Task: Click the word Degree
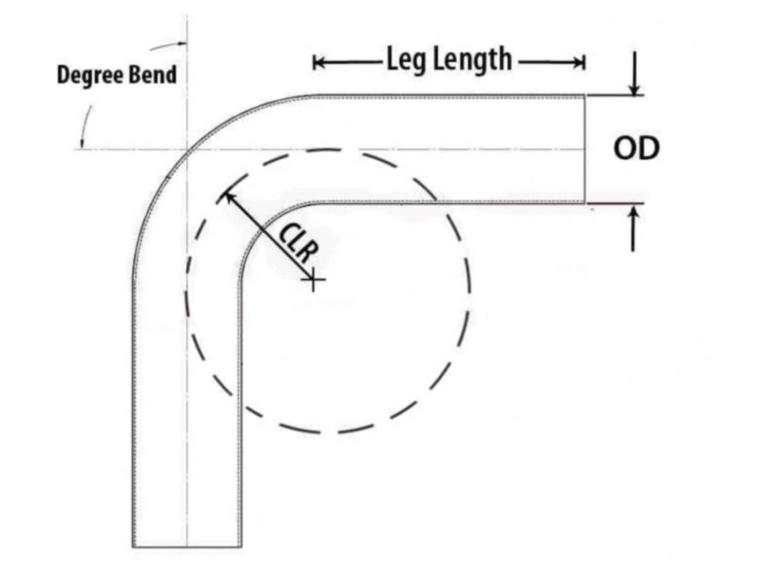click(x=90, y=75)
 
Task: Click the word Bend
click(x=153, y=75)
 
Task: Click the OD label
click(x=636, y=149)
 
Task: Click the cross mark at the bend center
click(x=313, y=279)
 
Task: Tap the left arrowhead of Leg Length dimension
click(x=318, y=63)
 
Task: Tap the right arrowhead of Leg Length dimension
click(x=578, y=63)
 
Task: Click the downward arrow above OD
click(x=633, y=74)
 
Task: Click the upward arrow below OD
click(x=633, y=229)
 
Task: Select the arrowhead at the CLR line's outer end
click(x=229, y=197)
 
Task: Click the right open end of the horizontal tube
click(x=585, y=149)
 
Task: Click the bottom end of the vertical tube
click(x=187, y=546)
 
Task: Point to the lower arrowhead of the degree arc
click(x=82, y=143)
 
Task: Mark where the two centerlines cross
click(x=187, y=150)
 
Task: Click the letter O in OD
click(x=625, y=149)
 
